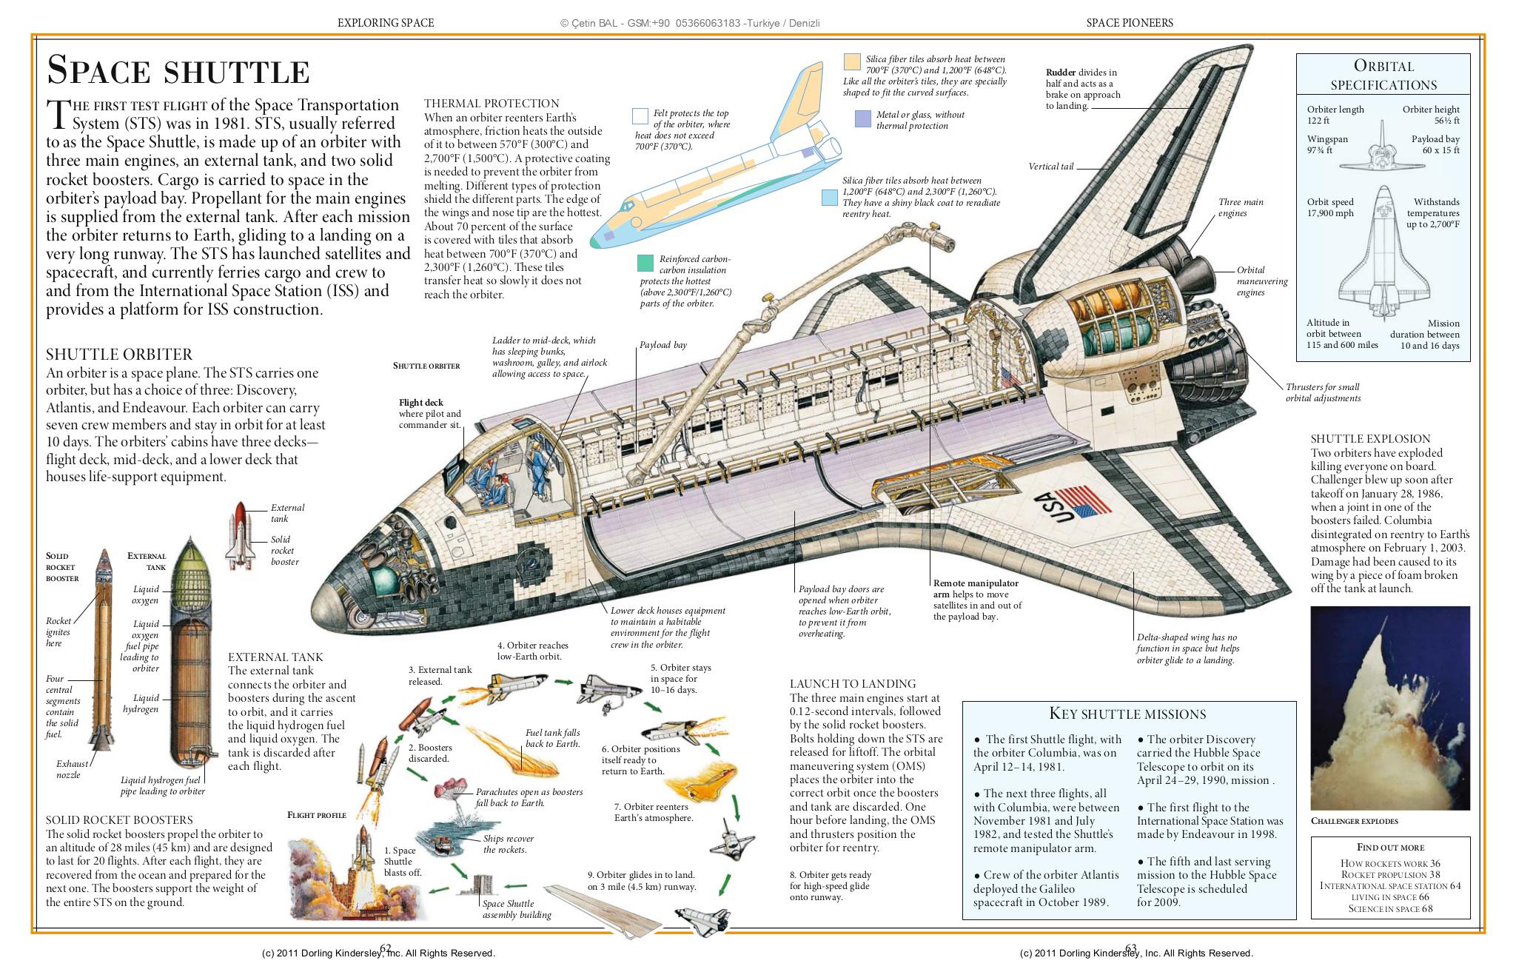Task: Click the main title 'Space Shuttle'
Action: pyautogui.click(x=178, y=71)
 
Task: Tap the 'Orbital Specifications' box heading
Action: pyautogui.click(x=1383, y=76)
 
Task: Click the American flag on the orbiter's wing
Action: pyautogui.click(x=1084, y=500)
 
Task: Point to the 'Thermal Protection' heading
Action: pyautogui.click(x=492, y=104)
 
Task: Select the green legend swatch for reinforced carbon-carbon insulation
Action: pyautogui.click(x=645, y=263)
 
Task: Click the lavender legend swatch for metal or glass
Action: pyautogui.click(x=862, y=118)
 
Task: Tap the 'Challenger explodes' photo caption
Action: pyautogui.click(x=1354, y=821)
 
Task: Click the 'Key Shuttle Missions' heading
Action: pyautogui.click(x=1127, y=714)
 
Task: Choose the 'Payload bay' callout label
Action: pyautogui.click(x=663, y=345)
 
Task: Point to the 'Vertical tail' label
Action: pyautogui.click(x=1050, y=167)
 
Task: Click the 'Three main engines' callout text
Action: pyautogui.click(x=1241, y=208)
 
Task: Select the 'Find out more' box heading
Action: pyautogui.click(x=1390, y=848)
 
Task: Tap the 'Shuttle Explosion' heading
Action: pyautogui.click(x=1370, y=439)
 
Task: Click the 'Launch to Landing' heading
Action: pyautogui.click(x=853, y=684)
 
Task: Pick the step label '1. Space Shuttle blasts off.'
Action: pyautogui.click(x=403, y=862)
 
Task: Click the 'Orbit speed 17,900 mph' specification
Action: pyautogui.click(x=1330, y=208)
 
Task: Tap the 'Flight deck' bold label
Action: pyautogui.click(x=420, y=403)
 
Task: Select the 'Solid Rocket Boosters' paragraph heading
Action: pyautogui.click(x=119, y=820)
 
